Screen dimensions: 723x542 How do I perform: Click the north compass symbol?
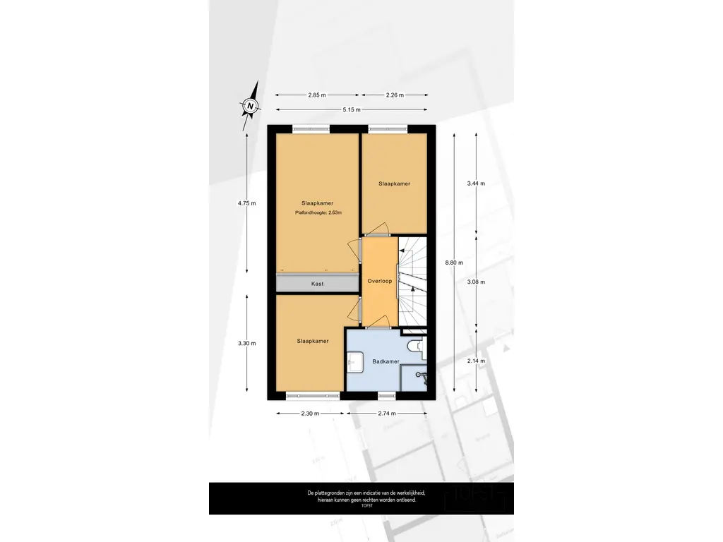pos(251,106)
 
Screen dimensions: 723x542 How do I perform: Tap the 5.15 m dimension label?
pos(352,109)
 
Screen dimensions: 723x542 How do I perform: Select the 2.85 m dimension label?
pos(317,95)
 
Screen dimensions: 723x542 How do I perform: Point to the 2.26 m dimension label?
pos(395,95)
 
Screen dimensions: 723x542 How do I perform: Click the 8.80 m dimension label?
pos(454,263)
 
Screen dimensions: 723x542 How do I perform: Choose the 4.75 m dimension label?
pos(246,203)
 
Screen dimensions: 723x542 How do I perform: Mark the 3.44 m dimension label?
pos(476,183)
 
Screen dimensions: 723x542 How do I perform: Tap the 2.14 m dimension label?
pos(476,361)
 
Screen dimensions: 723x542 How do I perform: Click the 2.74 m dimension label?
pos(387,414)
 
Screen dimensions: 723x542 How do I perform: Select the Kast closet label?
pos(317,284)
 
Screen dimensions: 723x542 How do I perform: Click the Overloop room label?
pos(379,281)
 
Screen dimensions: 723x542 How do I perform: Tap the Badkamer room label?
pos(386,362)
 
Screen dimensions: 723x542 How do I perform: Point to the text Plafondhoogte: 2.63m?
pos(318,213)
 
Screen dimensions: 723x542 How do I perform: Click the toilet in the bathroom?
pos(417,345)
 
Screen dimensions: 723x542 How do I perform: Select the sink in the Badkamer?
pos(355,362)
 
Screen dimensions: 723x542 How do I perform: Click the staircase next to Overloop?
pos(412,281)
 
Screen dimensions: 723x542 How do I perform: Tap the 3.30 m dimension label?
pos(246,344)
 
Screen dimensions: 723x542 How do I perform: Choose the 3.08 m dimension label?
pos(476,282)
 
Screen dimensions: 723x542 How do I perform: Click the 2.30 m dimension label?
pos(310,414)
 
